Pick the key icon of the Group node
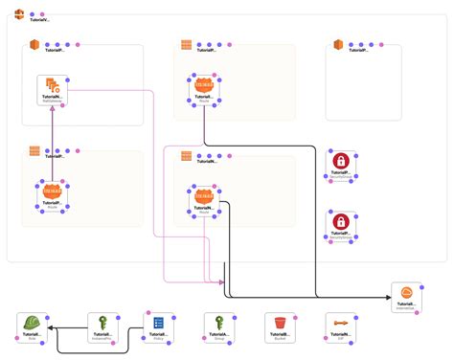(x=218, y=323)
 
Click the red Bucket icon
(x=279, y=323)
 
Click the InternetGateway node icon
(x=406, y=292)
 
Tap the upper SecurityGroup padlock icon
(x=340, y=162)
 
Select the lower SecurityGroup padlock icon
(x=340, y=222)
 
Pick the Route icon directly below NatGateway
(x=52, y=192)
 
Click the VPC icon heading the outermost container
(x=19, y=12)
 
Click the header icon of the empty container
(x=338, y=45)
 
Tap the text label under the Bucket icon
(x=279, y=336)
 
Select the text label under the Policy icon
(x=159, y=336)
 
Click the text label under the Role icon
(x=33, y=336)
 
